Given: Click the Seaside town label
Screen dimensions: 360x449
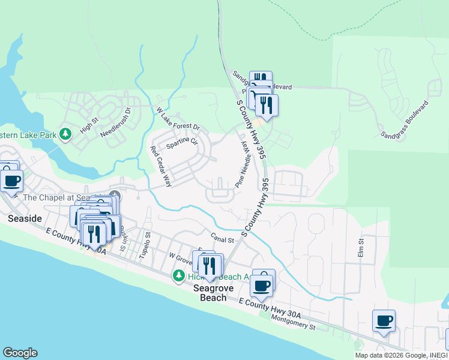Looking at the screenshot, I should [x=25, y=219].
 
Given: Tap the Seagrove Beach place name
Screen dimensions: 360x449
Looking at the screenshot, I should [x=213, y=293].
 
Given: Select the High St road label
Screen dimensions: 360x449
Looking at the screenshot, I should [x=88, y=127].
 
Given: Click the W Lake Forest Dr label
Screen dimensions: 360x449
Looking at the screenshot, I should [x=178, y=119].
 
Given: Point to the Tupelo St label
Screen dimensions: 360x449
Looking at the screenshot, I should [x=144, y=247].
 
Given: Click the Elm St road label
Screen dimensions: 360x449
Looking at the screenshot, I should [x=362, y=248].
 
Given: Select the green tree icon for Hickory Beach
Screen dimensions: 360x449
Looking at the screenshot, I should [x=178, y=275].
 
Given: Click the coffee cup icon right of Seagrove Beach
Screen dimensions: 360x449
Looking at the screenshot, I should [x=262, y=285].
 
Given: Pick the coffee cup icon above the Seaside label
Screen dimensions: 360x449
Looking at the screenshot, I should [x=11, y=179].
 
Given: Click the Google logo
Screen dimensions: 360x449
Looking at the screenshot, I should [x=20, y=353].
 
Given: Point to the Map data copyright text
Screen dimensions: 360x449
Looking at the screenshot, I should [x=399, y=355].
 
